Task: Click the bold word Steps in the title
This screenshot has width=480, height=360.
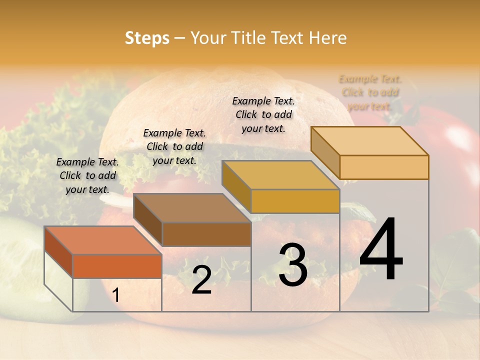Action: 147,38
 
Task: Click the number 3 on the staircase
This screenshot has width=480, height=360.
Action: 293,265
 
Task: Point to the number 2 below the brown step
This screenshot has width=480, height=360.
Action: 201,280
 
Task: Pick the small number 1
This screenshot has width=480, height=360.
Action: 116,295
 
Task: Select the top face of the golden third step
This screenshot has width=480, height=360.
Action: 280,175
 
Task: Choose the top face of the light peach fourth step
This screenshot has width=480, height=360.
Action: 370,141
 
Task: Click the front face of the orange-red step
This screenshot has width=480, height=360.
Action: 117,266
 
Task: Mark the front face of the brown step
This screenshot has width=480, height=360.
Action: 206,234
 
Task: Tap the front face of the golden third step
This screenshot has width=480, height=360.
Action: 295,201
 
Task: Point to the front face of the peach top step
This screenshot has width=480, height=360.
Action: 384,167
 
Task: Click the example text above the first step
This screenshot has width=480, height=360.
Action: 87,175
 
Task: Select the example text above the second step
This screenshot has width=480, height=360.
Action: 174,146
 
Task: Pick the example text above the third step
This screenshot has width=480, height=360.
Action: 263,114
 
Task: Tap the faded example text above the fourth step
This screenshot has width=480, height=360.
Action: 370,92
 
